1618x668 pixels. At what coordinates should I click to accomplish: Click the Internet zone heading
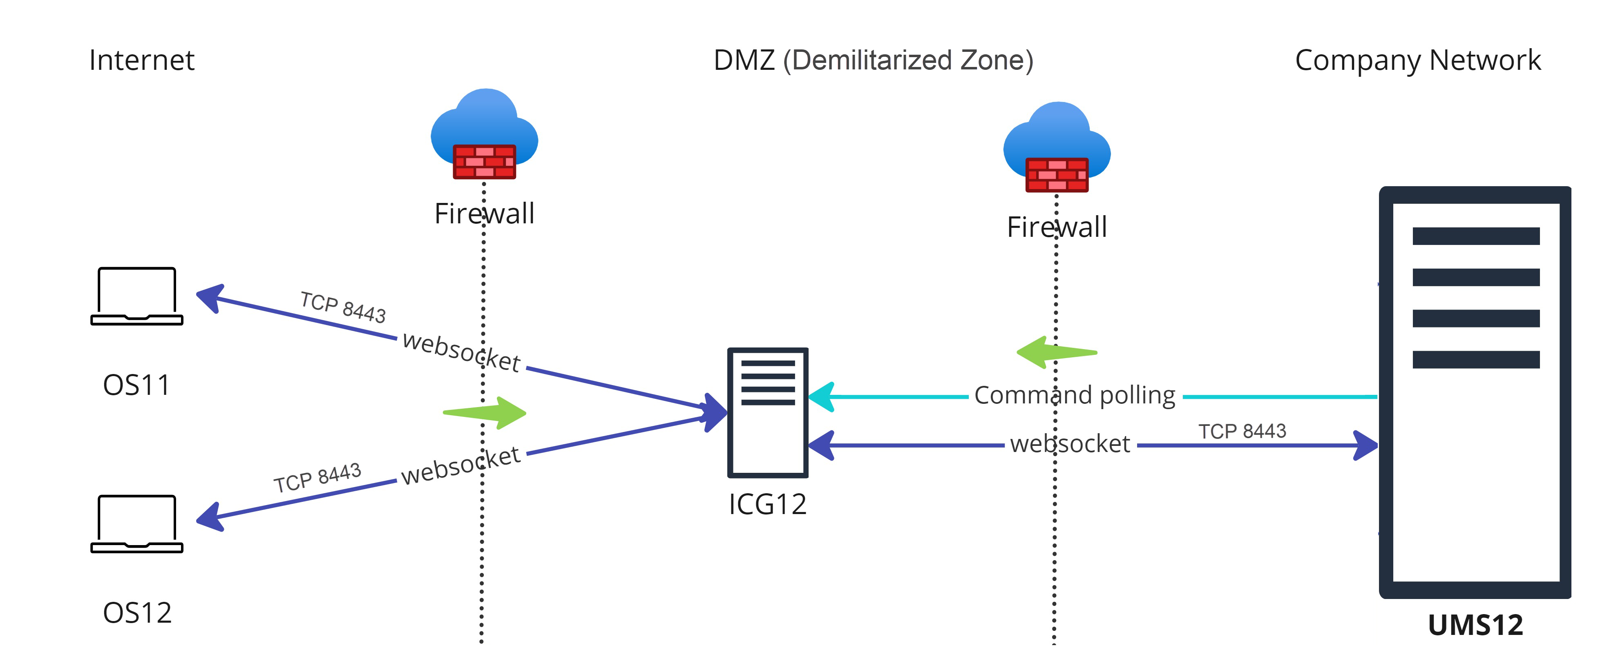[x=141, y=60]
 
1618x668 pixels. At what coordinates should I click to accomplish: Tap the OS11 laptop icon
[x=136, y=296]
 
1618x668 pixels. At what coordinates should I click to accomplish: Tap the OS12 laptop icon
[x=136, y=523]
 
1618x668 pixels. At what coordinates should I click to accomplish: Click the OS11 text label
[x=136, y=385]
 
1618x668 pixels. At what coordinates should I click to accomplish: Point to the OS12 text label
[x=137, y=613]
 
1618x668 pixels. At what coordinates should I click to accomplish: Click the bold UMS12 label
[x=1475, y=625]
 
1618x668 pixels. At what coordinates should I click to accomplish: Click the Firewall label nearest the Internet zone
[x=484, y=214]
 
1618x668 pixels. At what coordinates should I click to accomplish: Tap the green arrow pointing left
[x=1055, y=353]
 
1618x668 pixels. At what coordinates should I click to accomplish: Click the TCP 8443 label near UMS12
[x=1241, y=431]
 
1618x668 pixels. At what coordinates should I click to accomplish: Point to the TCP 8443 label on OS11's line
[x=343, y=307]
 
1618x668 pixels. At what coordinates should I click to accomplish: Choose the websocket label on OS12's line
[x=460, y=465]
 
